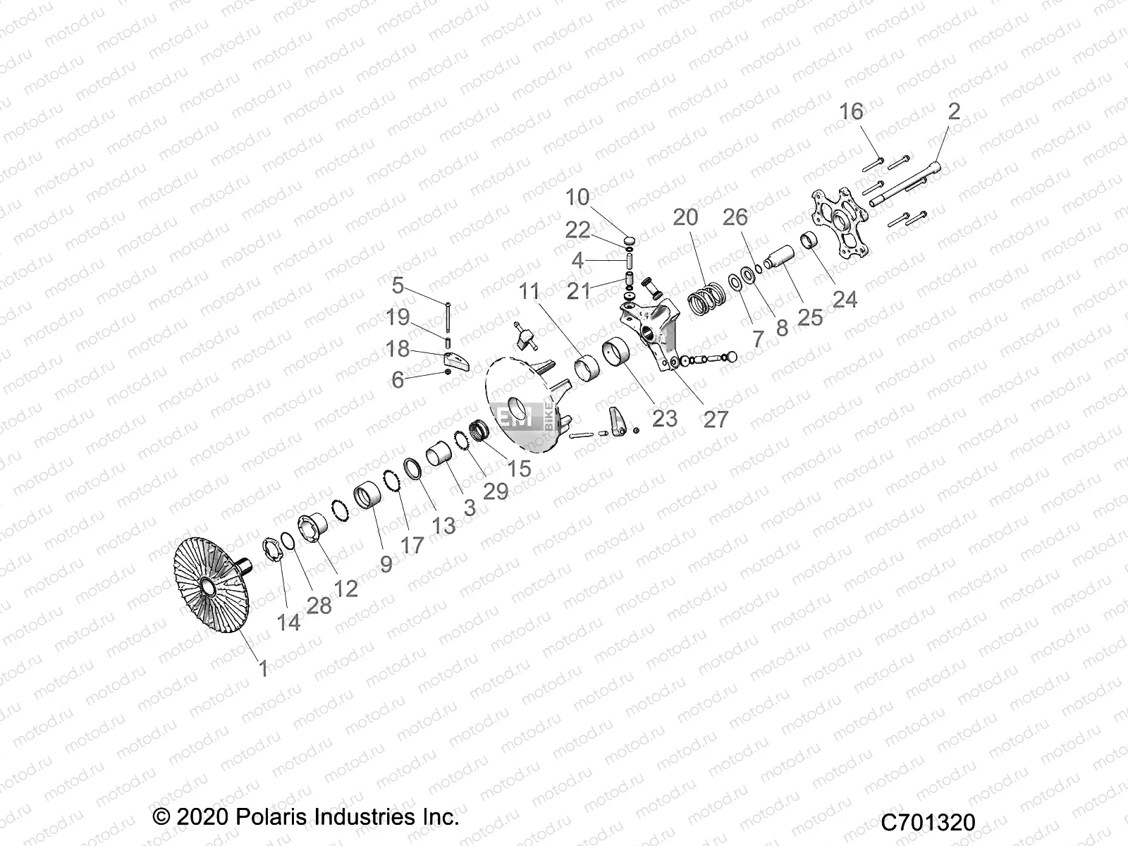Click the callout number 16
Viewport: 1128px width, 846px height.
pyautogui.click(x=851, y=111)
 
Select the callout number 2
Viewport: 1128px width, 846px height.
pyautogui.click(x=953, y=111)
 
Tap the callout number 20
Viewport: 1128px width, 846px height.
pyautogui.click(x=685, y=217)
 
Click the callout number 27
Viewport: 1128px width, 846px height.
pyautogui.click(x=715, y=419)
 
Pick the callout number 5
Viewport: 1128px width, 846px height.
pyautogui.click(x=398, y=286)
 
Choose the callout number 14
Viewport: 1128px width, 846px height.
pyautogui.click(x=288, y=622)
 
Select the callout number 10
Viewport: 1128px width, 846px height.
pyautogui.click(x=577, y=197)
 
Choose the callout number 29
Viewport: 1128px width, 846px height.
pyautogui.click(x=496, y=491)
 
